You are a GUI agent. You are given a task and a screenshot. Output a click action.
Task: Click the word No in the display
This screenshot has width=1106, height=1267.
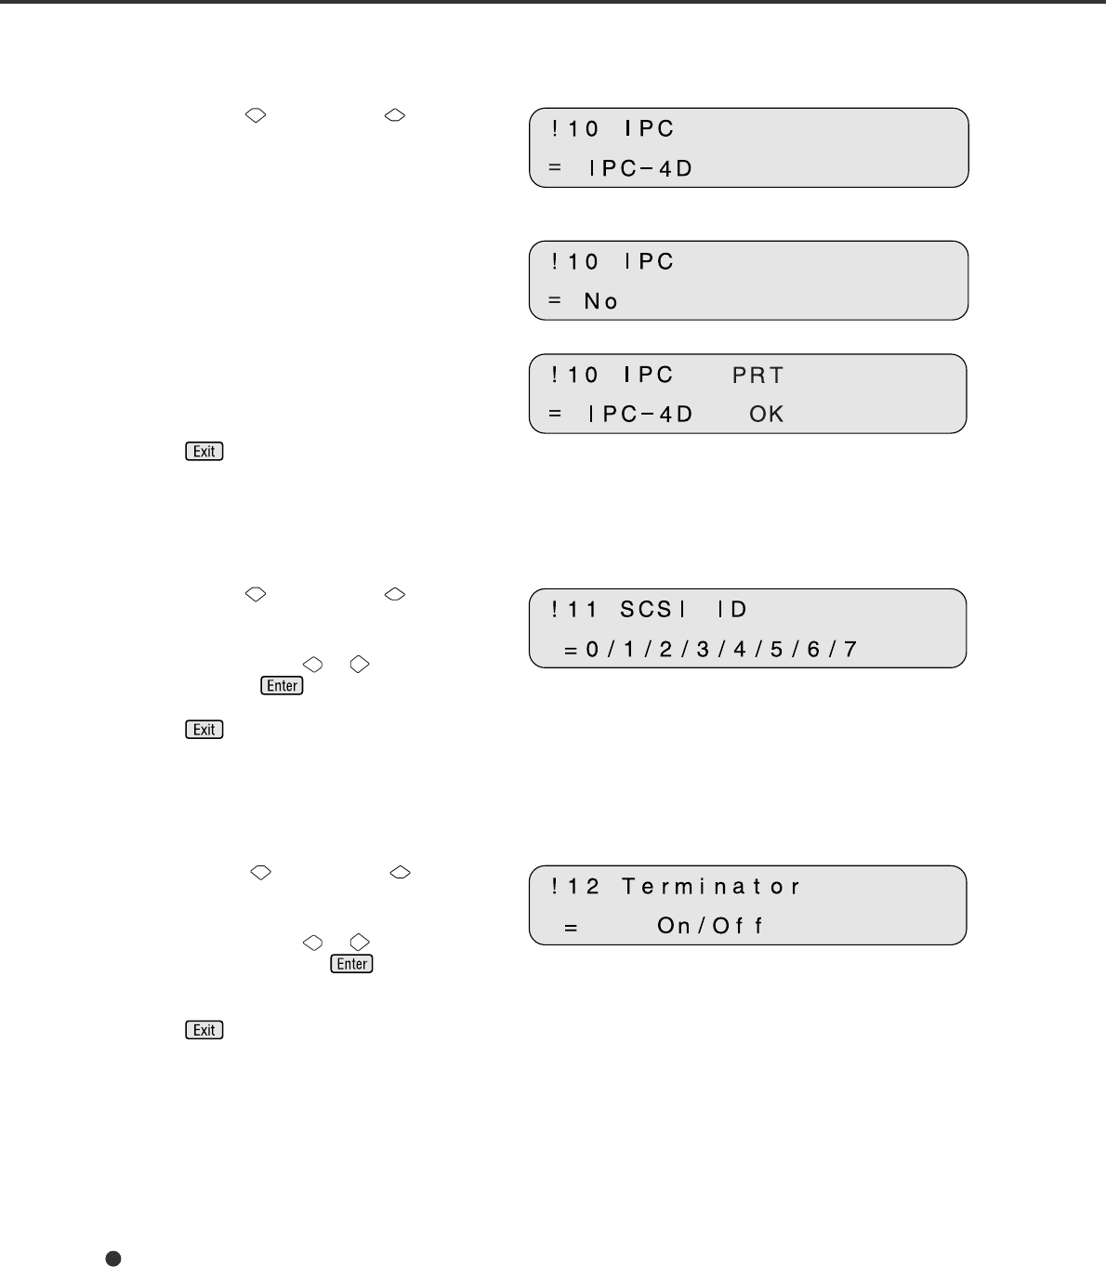click(601, 301)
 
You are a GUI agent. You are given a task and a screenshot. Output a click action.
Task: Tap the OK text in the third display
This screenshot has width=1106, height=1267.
click(767, 414)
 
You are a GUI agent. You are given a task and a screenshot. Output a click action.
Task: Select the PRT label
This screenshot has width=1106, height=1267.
click(757, 375)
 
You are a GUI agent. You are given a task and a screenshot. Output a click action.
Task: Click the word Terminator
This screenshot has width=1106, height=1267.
click(711, 887)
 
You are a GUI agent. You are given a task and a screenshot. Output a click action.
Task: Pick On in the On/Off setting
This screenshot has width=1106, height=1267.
click(674, 926)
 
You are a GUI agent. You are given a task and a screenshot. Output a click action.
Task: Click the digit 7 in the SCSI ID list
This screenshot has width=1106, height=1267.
click(849, 649)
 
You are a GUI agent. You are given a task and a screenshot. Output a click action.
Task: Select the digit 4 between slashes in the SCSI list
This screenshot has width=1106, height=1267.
click(739, 649)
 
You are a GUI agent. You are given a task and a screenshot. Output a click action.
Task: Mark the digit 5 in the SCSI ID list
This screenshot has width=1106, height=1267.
click(776, 649)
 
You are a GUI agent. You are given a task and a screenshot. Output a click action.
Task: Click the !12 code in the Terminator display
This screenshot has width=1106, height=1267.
click(575, 887)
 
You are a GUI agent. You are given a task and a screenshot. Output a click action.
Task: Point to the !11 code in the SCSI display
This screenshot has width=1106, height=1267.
click(575, 610)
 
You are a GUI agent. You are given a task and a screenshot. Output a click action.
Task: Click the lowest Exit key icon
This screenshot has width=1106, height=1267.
click(204, 1030)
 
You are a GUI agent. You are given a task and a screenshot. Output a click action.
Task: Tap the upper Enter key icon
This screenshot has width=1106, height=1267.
click(283, 686)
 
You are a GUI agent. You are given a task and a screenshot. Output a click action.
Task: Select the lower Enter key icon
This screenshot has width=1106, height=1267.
click(352, 964)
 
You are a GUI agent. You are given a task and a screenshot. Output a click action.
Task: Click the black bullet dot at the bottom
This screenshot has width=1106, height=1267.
click(113, 1258)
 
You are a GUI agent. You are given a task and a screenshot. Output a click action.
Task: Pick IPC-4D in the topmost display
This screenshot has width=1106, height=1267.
click(640, 169)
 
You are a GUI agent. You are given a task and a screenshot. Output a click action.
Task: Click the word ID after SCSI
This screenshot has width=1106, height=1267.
click(731, 610)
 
